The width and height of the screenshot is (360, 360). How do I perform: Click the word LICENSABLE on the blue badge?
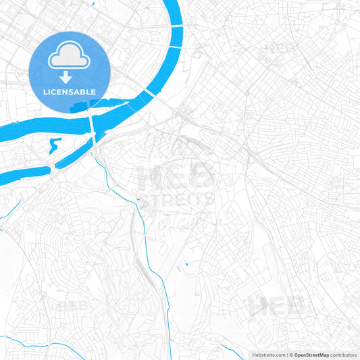tap(70, 92)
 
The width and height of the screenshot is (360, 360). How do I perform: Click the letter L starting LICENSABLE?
tap(46, 92)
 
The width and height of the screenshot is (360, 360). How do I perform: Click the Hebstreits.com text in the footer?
tap(266, 355)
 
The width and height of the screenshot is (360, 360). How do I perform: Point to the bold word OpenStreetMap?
tap(311, 355)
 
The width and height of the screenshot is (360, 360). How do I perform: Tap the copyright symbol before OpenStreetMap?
tap(291, 355)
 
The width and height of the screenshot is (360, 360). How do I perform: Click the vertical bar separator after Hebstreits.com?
tap(286, 355)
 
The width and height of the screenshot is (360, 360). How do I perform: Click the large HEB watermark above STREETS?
tap(175, 177)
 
